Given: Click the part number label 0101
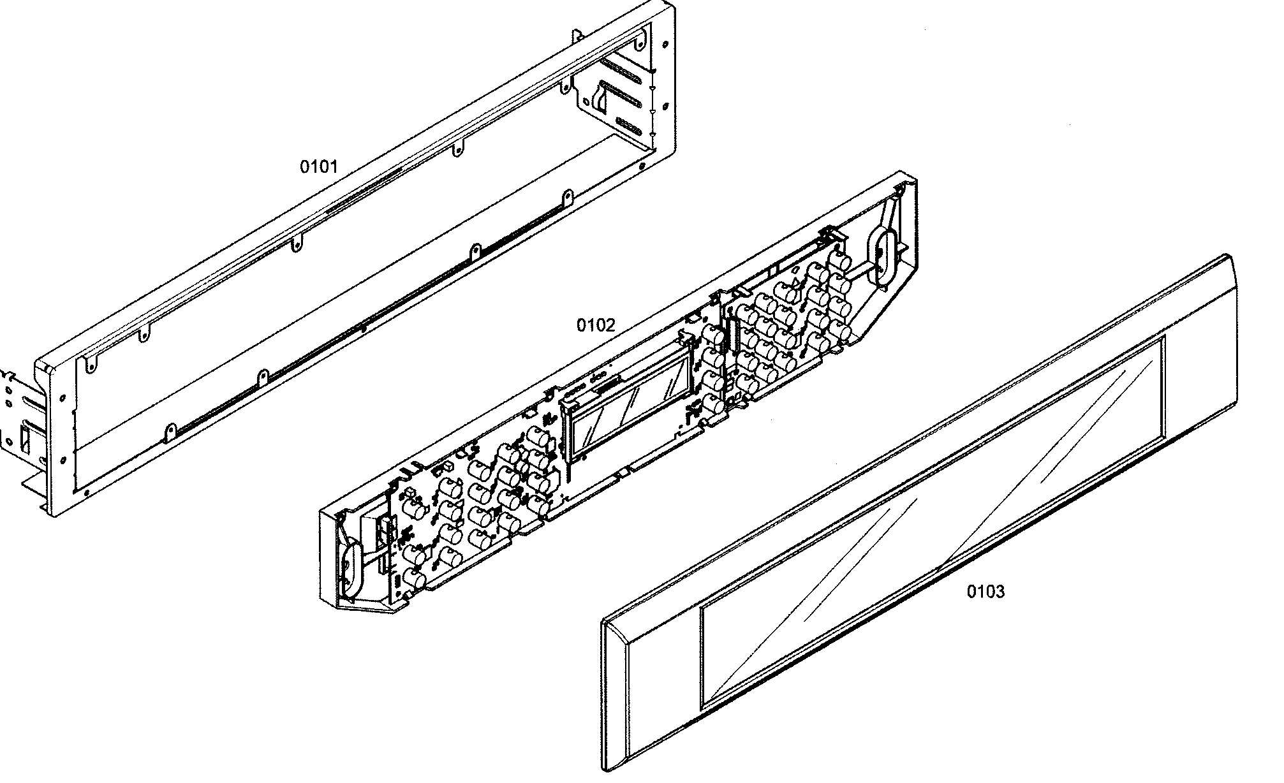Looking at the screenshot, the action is [318, 167].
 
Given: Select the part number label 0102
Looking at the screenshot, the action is [596, 325].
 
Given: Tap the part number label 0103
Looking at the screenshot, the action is [985, 592].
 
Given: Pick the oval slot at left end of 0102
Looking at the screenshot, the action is [350, 564].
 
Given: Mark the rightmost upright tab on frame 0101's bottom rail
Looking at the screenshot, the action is [566, 198].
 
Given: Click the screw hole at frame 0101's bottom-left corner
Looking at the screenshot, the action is [85, 492].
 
